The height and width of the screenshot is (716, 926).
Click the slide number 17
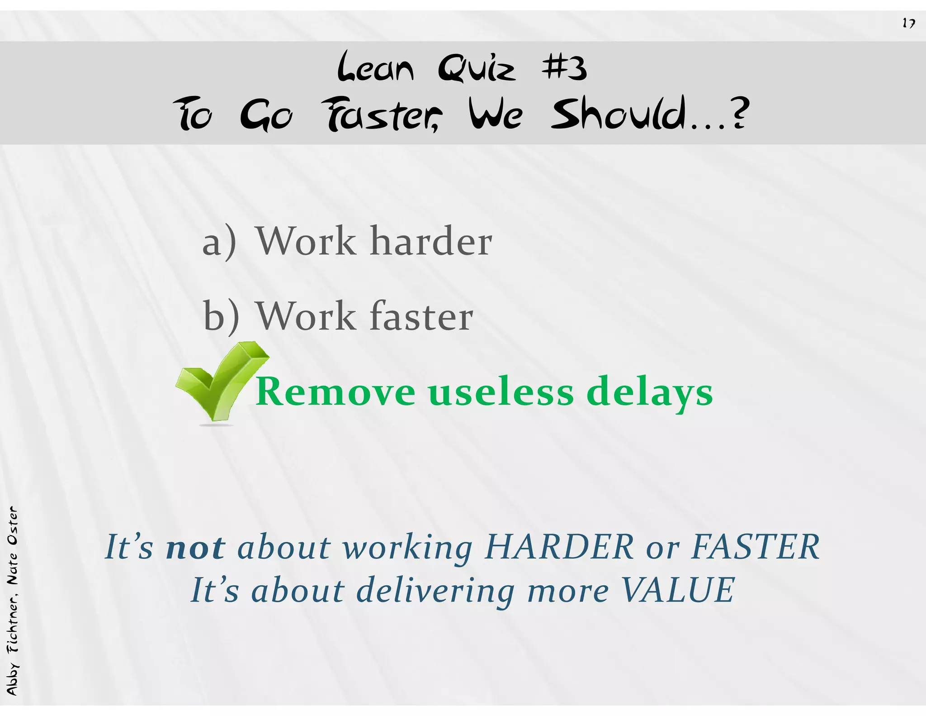coord(908,23)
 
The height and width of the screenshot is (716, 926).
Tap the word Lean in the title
coord(375,68)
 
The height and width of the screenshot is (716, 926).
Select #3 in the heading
coord(564,68)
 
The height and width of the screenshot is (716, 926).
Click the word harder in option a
coord(431,241)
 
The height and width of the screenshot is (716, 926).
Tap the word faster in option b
coord(421,316)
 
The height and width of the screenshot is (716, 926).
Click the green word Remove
coord(335,391)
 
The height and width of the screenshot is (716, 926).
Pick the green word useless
coord(501,391)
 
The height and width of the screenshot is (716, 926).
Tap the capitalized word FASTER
coord(756,547)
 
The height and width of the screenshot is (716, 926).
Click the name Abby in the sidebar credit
coord(12,679)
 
